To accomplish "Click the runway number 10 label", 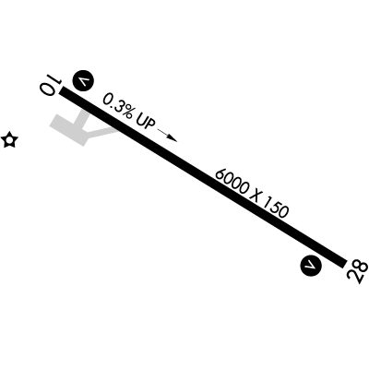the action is coord(50,85).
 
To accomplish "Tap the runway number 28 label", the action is coord(357,272).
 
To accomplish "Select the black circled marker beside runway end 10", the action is coord(83,81).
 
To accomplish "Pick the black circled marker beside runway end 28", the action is coord(311,265).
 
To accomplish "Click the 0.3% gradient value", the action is coord(118,107).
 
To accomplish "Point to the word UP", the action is coord(145,123).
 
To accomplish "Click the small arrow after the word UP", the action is coord(168,136).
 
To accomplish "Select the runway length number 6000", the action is coord(232,182).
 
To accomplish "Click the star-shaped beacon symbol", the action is coord(9,140).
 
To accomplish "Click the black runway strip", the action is coord(203,177).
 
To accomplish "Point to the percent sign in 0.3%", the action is coord(126,113).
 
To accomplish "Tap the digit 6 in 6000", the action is coord(220,174).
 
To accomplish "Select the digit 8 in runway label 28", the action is coord(361,266).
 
